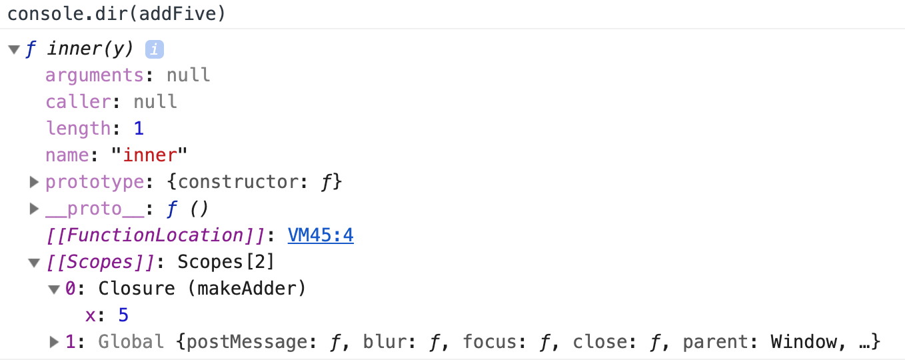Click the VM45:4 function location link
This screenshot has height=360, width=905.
pyautogui.click(x=320, y=235)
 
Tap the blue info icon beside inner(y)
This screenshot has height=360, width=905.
pyautogui.click(x=154, y=49)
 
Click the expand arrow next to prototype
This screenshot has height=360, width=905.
pyautogui.click(x=34, y=182)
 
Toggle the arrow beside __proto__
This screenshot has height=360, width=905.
pyautogui.click(x=34, y=209)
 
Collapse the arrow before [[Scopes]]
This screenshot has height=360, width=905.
pyautogui.click(x=34, y=263)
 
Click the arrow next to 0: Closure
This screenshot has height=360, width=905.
pyautogui.click(x=54, y=289)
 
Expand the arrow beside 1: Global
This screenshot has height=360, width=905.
pyautogui.click(x=54, y=342)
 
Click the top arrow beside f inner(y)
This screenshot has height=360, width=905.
pyautogui.click(x=14, y=49)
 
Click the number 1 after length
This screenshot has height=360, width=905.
pyautogui.click(x=139, y=129)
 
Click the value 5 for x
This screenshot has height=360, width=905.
pyautogui.click(x=123, y=315)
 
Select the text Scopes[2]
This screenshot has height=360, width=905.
pyautogui.click(x=226, y=262)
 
